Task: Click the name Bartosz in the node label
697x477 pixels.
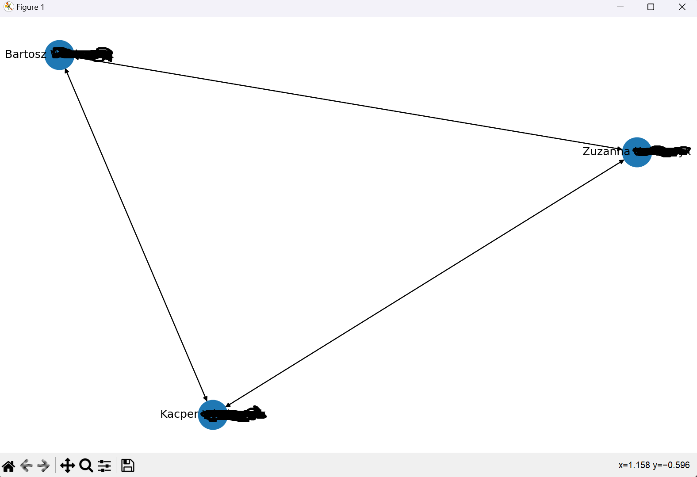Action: [x=25, y=54]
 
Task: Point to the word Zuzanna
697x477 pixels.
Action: [x=605, y=152]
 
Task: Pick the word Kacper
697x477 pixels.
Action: [x=179, y=414]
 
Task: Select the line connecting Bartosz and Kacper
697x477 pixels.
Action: [x=136, y=234]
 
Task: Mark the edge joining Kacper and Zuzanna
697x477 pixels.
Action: [x=425, y=283]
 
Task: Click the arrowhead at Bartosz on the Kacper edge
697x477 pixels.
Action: [x=67, y=71]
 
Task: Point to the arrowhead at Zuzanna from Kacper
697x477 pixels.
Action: [x=621, y=161]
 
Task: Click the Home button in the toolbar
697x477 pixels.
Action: [x=8, y=466]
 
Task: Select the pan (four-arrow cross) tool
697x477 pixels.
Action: [x=67, y=466]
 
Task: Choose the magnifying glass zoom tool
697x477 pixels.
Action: [x=86, y=466]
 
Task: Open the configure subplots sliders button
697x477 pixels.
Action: [x=104, y=466]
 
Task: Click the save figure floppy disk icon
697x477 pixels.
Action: [x=128, y=466]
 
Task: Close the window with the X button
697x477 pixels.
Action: [x=682, y=7]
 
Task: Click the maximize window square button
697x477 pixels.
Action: [x=651, y=7]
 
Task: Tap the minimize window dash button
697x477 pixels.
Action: [x=620, y=7]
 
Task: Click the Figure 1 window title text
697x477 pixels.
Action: [x=30, y=7]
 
